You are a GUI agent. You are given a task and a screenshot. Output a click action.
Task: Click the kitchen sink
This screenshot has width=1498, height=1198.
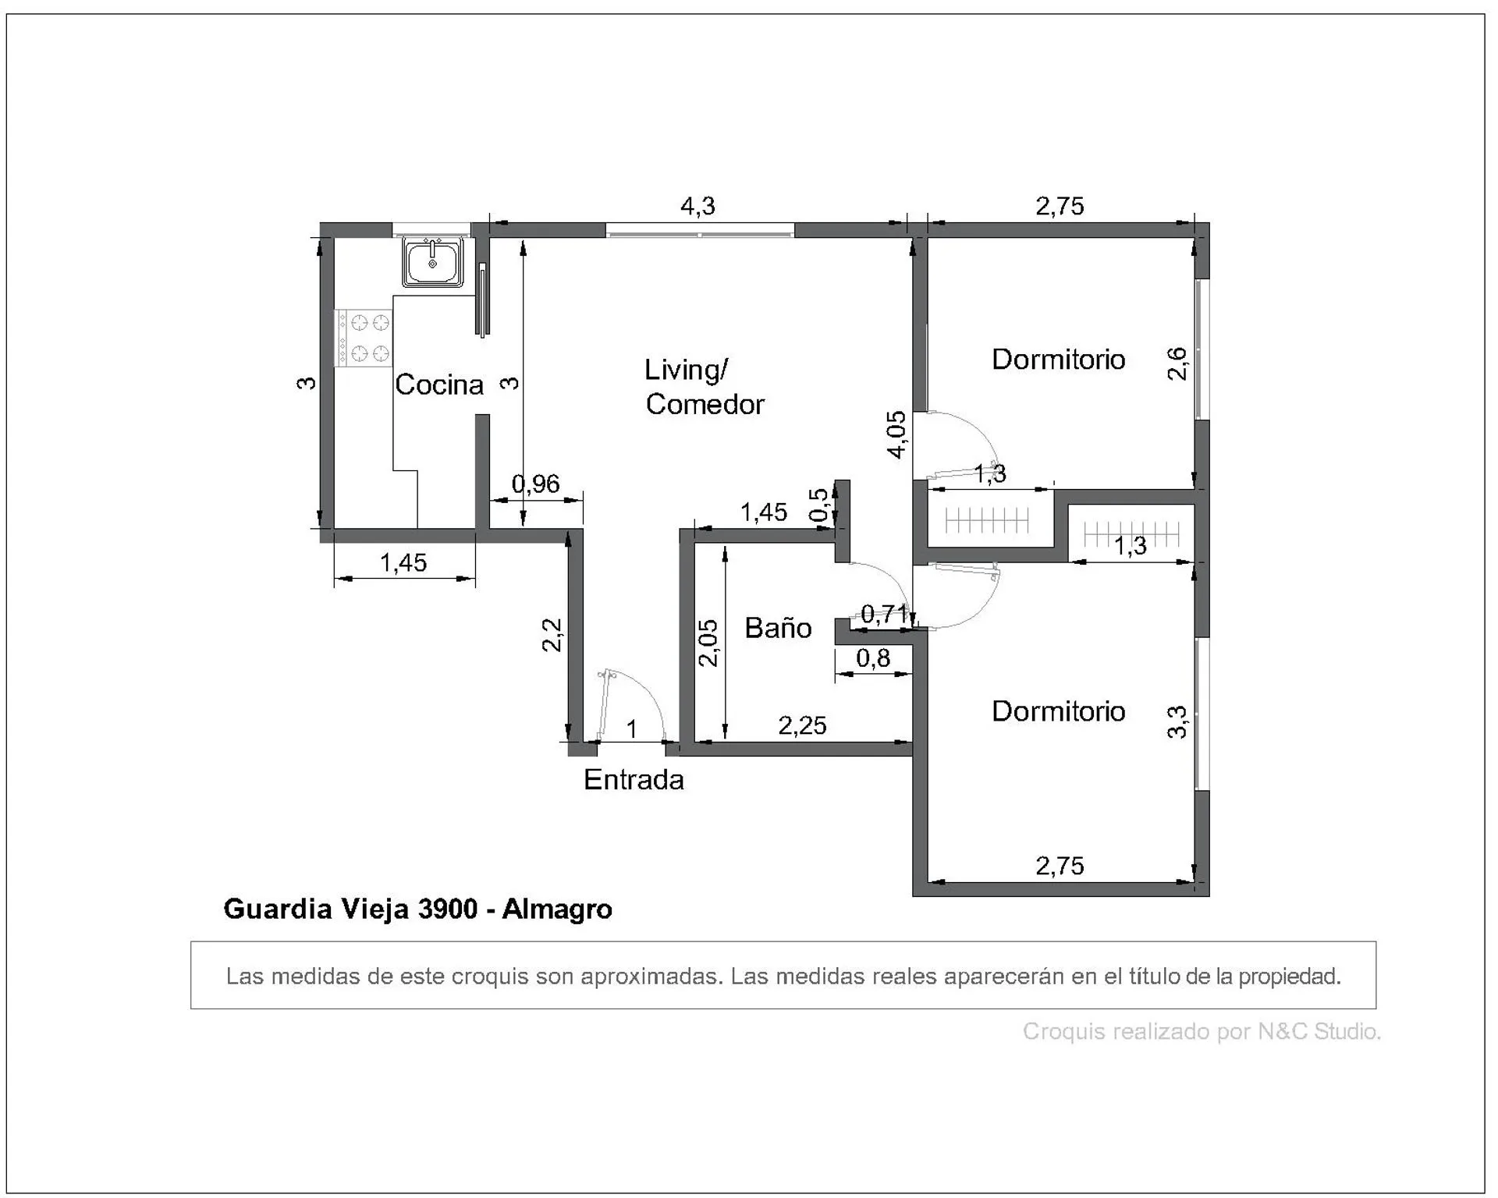[433, 261]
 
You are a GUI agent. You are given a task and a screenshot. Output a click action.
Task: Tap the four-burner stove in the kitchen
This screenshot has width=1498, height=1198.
[364, 337]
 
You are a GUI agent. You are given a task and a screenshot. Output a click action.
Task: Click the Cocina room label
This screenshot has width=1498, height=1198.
[439, 385]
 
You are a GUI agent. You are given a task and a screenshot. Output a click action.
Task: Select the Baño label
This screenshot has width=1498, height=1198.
[778, 628]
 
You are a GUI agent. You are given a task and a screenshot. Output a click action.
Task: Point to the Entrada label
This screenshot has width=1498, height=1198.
[634, 780]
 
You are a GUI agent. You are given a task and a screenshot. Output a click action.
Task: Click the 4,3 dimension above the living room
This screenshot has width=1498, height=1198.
[698, 206]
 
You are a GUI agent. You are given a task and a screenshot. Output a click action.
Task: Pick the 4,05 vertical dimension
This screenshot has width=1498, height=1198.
[897, 434]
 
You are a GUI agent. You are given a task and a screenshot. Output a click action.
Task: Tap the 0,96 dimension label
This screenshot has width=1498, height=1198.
[535, 484]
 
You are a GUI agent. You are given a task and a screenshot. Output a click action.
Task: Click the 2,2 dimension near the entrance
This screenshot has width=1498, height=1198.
[552, 635]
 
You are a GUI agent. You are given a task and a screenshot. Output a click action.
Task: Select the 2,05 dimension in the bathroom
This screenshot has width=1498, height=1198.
[708, 643]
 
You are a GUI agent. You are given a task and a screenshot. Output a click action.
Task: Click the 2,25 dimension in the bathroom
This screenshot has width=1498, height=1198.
[802, 725]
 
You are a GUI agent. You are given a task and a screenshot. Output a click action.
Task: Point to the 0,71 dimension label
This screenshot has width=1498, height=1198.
[885, 615]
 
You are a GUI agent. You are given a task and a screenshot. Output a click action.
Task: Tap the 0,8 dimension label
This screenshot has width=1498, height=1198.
[873, 658]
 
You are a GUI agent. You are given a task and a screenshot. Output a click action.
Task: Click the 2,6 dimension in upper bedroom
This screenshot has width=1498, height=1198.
[1177, 363]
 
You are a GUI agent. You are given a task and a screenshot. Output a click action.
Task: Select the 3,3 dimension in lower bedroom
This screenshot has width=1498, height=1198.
[1177, 721]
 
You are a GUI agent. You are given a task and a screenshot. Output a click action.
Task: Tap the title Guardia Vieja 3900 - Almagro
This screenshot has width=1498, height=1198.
[417, 909]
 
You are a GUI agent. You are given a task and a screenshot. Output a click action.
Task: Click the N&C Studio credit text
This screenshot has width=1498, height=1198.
[1319, 1031]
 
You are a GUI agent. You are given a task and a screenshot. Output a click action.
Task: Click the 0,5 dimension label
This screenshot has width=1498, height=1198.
[819, 505]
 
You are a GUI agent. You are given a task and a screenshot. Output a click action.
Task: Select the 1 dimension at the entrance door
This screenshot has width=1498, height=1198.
[632, 729]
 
